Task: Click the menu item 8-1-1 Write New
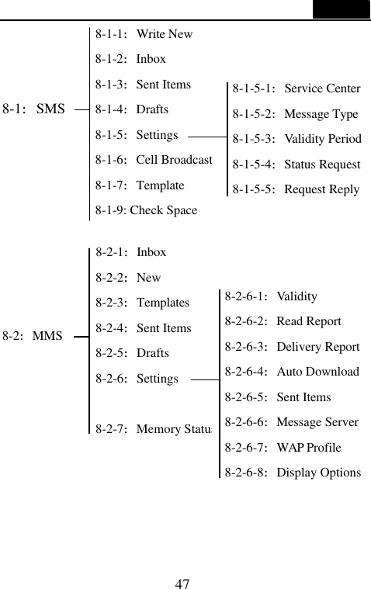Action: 144,34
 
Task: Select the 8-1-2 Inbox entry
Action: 130,59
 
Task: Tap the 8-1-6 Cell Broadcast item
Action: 154,160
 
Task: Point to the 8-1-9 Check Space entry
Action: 146,210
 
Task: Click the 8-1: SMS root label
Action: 34,109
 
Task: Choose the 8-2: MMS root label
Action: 33,337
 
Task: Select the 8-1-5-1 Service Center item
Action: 296,88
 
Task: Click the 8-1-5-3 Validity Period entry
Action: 297,139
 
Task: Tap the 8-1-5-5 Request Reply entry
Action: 296,189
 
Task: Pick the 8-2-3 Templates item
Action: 142,303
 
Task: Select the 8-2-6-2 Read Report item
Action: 283,321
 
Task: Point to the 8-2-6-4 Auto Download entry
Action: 292,372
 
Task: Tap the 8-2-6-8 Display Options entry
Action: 293,473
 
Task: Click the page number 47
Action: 184,583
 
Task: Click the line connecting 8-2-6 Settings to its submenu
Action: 203,380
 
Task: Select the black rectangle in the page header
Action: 342,9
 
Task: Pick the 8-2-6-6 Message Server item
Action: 292,422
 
